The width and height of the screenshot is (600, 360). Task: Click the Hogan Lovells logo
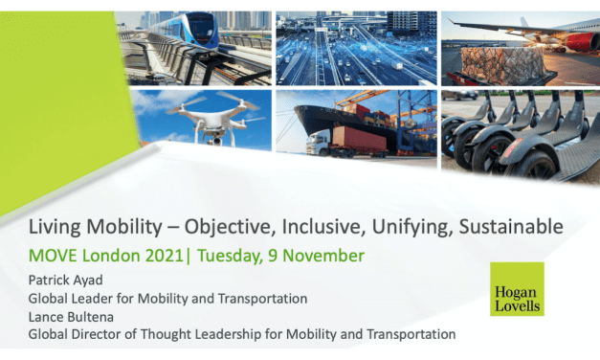point(517,288)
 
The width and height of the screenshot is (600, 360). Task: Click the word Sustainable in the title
point(516,227)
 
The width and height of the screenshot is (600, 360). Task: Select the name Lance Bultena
point(69,316)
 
